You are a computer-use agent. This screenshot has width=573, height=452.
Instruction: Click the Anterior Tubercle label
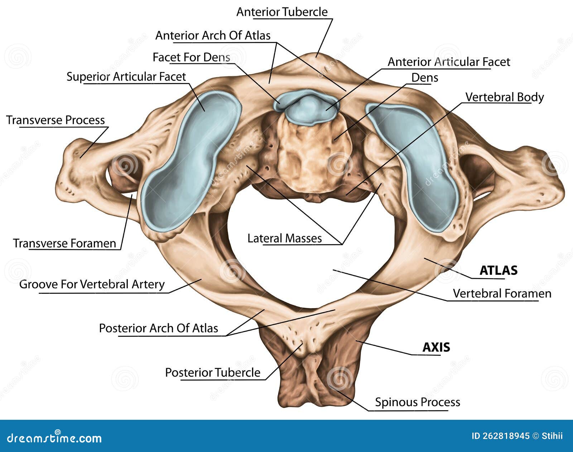[x=282, y=12]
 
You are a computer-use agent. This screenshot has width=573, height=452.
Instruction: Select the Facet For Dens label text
[x=191, y=57]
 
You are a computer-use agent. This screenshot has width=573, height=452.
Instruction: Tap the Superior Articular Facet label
[x=126, y=77]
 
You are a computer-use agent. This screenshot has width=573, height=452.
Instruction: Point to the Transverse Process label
[x=56, y=120]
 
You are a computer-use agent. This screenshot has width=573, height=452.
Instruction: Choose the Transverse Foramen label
[x=64, y=243]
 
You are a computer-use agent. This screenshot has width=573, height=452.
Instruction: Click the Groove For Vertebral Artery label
[x=92, y=284]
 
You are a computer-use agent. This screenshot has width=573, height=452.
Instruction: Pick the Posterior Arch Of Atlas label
[x=158, y=328]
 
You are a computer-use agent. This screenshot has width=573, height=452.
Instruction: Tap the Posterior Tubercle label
[x=212, y=373]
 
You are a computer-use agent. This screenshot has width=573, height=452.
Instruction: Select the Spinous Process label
[x=417, y=402]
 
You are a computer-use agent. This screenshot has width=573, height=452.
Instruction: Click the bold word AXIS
[x=436, y=347]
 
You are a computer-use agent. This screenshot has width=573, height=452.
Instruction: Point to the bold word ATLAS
[x=498, y=270]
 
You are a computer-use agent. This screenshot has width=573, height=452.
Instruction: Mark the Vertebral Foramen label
[x=502, y=293]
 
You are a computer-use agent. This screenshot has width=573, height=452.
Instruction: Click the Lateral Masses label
[x=284, y=238]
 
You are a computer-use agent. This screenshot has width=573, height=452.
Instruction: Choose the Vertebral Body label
[x=504, y=97]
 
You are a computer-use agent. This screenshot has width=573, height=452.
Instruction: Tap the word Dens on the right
[x=424, y=78]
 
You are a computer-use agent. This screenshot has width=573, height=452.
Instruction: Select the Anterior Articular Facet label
[x=449, y=62]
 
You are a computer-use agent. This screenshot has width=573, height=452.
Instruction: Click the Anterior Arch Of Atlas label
[x=213, y=35]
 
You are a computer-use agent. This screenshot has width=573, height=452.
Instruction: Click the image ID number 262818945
[x=500, y=436]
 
